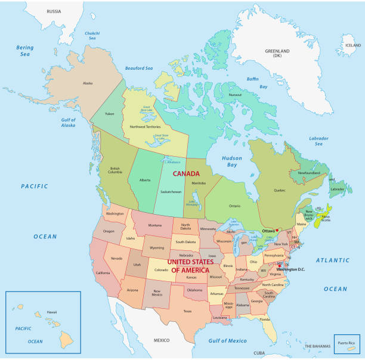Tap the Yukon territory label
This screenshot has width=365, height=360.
(x=109, y=113)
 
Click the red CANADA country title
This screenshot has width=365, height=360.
(x=186, y=173)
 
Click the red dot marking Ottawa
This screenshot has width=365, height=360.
(x=277, y=230)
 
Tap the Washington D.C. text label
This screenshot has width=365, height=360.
(x=290, y=269)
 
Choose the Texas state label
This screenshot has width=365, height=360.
(x=187, y=311)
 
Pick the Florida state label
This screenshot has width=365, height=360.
(x=265, y=319)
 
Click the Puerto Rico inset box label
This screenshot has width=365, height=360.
(x=346, y=343)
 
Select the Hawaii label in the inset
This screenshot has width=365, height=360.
(x=52, y=312)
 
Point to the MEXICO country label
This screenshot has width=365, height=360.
(x=162, y=340)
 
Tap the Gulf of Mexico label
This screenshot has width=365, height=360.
(x=227, y=340)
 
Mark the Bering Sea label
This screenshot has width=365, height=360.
(x=26, y=50)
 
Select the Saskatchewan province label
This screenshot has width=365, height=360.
(x=171, y=192)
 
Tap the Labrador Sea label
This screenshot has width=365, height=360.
(x=318, y=141)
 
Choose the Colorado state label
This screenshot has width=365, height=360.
(x=162, y=269)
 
